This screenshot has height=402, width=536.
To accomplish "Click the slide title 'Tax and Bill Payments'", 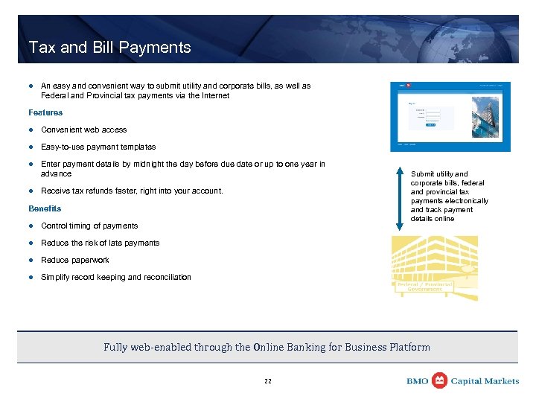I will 109,48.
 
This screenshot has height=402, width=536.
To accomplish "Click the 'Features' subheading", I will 45,112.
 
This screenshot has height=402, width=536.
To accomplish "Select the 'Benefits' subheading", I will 45,208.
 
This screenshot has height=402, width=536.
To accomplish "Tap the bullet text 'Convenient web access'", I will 83,130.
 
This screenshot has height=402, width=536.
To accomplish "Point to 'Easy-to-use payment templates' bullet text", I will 98,147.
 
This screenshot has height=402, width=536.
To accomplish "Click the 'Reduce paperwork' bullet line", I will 74,260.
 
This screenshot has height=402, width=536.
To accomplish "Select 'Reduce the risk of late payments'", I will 100,243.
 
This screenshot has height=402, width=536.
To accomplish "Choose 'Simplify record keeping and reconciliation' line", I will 115,277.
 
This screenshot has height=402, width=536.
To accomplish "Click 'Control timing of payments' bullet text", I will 89,226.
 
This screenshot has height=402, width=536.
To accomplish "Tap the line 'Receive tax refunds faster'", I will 132,191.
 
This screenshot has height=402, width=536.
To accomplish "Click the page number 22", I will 268,381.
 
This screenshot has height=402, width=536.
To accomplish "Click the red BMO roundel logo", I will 439,380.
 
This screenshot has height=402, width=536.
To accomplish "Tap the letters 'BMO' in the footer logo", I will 417,381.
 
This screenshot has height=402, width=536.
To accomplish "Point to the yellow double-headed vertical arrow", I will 401,194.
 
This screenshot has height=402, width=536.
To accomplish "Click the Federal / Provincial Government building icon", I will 435,268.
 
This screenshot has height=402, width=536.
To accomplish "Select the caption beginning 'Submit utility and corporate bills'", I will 449,197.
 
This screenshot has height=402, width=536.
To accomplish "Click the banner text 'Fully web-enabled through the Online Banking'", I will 267,347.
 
